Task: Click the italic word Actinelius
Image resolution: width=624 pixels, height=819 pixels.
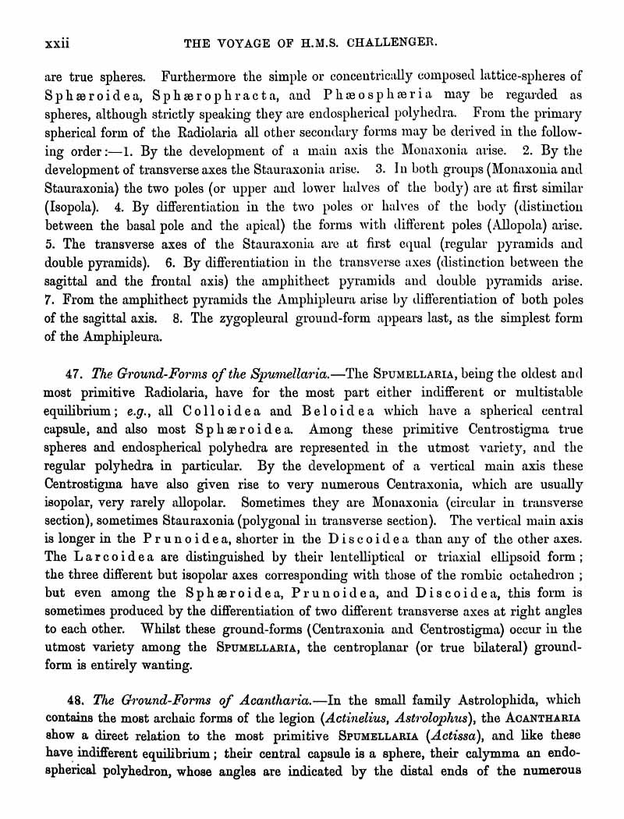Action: coord(392,718)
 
